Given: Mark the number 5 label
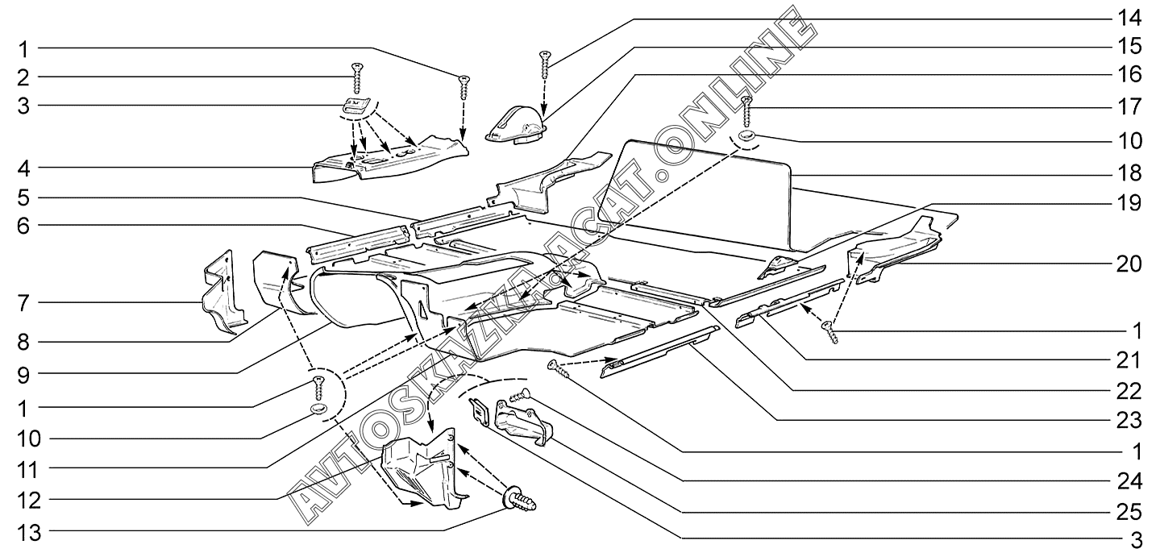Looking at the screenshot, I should [24, 197].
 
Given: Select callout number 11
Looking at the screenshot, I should [24, 468].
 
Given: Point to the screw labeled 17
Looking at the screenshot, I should [747, 109].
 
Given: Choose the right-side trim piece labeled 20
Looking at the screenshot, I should [895, 250].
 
